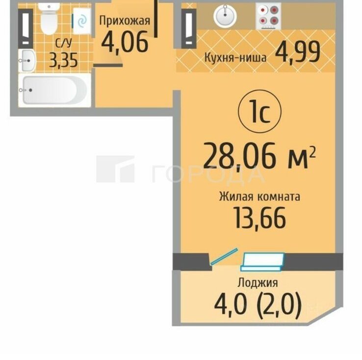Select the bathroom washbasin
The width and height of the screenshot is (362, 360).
pyautogui.click(x=27, y=60)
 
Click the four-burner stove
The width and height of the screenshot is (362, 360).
pyautogui.click(x=268, y=16)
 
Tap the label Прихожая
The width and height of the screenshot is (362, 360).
pyautogui.click(x=125, y=21)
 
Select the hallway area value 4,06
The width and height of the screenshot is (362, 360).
pyautogui.click(x=125, y=42)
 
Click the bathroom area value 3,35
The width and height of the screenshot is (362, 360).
pyautogui.click(x=63, y=60)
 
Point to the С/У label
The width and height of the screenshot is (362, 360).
pyautogui.click(x=64, y=43)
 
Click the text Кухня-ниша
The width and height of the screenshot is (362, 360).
pyautogui.click(x=235, y=57)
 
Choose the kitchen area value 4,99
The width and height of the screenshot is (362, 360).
pyautogui.click(x=298, y=52)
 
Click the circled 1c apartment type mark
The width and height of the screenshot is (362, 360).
pyautogui.click(x=259, y=111)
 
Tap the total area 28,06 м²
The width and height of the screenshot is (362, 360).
pyautogui.click(x=259, y=155)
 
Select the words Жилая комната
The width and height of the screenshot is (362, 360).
pyautogui.click(x=259, y=197)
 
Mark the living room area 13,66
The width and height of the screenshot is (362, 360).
pyautogui.click(x=260, y=218)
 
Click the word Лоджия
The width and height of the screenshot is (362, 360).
pyautogui.click(x=258, y=282)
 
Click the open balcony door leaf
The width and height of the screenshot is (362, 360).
pyautogui.click(x=224, y=256)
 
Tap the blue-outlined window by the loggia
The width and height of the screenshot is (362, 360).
pyautogui.click(x=262, y=262)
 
